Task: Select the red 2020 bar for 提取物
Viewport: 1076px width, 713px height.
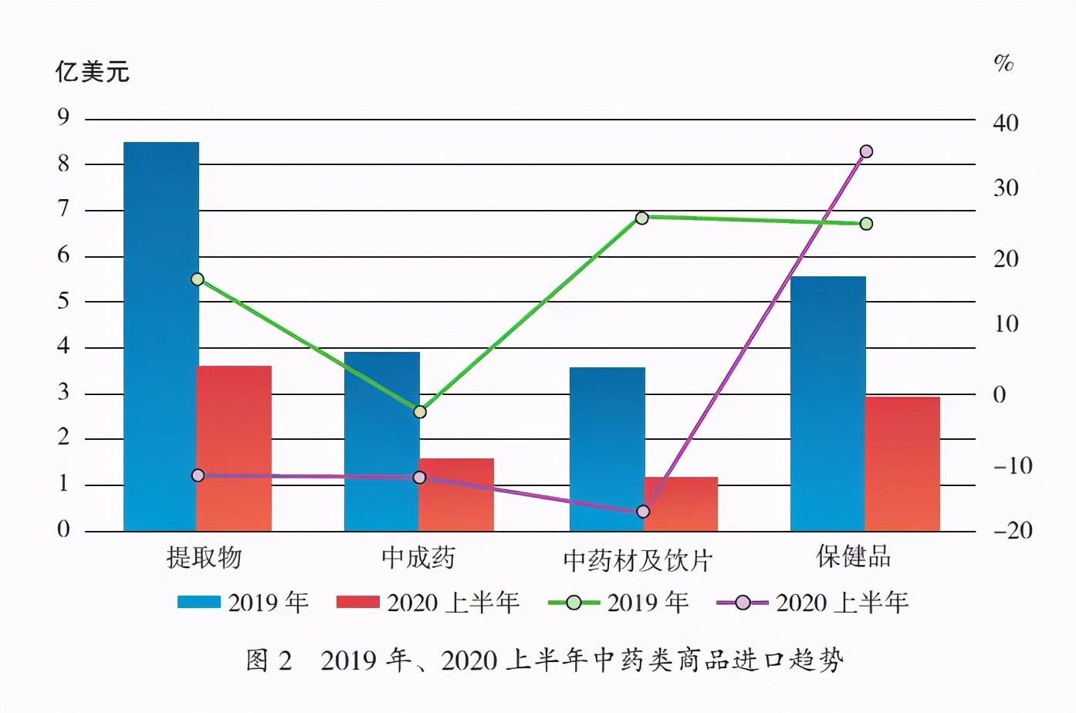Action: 235,448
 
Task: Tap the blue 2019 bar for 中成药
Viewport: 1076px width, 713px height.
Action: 381,441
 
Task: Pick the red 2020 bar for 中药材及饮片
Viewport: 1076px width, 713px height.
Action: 681,504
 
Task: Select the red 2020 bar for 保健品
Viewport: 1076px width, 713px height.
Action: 902,464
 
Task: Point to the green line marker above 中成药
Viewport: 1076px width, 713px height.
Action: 420,412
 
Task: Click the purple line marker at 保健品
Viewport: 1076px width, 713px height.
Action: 866,151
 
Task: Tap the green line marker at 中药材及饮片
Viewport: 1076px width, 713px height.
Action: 641,218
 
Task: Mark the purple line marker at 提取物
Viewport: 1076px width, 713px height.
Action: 198,475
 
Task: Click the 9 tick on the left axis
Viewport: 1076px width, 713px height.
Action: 63,117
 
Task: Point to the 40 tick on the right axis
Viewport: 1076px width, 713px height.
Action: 1005,123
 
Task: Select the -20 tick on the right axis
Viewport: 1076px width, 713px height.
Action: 1012,531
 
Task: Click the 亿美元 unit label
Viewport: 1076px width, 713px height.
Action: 92,72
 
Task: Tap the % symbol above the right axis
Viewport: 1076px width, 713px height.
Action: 1003,63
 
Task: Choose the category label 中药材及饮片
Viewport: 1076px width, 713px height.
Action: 637,560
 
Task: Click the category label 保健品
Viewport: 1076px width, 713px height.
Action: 853,556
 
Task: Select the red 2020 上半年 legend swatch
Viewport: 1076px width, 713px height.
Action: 357,602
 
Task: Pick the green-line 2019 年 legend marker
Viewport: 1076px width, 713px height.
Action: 574,603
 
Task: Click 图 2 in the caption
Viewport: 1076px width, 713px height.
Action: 269,661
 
